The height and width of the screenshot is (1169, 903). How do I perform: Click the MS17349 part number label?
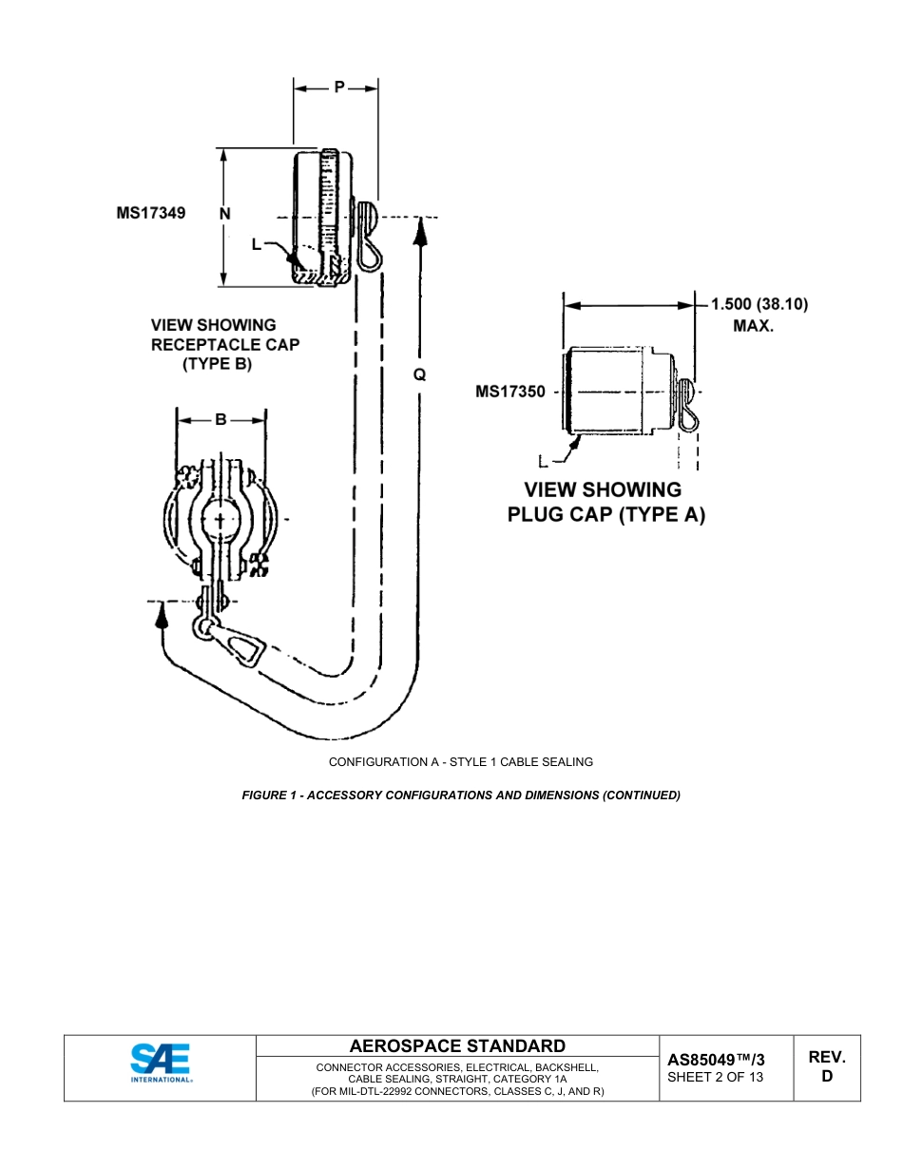(151, 214)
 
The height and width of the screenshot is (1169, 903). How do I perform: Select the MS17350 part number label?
(510, 392)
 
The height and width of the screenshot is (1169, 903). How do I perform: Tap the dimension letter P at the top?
(338, 87)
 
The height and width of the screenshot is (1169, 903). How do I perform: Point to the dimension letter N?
(225, 215)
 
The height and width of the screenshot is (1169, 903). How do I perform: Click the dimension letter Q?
(419, 375)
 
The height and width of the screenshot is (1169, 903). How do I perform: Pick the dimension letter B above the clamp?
(221, 419)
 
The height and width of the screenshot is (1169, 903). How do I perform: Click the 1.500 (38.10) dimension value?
(759, 305)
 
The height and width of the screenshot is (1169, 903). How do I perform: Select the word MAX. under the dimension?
(753, 326)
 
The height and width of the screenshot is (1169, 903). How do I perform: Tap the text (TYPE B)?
(218, 364)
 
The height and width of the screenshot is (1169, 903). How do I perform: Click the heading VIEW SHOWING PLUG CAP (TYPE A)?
(605, 503)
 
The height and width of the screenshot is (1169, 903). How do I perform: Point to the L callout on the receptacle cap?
(257, 244)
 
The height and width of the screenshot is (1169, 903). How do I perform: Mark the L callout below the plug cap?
(544, 463)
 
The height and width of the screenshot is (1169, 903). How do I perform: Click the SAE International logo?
(161, 1064)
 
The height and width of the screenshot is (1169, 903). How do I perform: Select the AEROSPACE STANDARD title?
(457, 1046)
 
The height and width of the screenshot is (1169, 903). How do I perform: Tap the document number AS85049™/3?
(716, 1059)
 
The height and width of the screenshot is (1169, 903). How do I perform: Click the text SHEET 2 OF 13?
(715, 1077)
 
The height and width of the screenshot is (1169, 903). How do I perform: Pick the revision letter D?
(826, 1077)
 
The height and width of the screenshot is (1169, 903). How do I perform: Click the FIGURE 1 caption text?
(461, 795)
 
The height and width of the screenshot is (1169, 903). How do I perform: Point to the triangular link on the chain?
(246, 649)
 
